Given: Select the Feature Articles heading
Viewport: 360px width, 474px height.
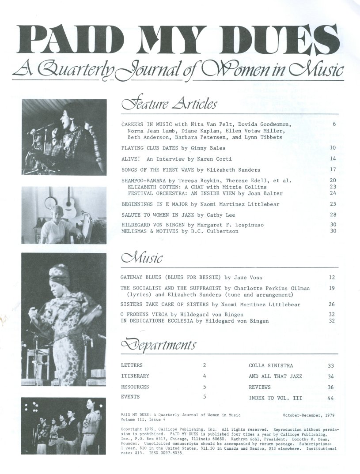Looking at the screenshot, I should (x=169, y=104).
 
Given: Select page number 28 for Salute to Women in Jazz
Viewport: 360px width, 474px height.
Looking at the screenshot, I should (x=333, y=214).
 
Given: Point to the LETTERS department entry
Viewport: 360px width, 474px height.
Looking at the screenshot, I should (x=132, y=365).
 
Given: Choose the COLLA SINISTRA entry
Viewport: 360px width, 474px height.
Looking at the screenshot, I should (x=271, y=365).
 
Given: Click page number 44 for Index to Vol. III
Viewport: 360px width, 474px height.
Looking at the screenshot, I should (x=330, y=398).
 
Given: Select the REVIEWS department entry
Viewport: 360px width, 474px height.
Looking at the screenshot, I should (x=261, y=387).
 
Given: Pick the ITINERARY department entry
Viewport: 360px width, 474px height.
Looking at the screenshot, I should (x=135, y=376).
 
